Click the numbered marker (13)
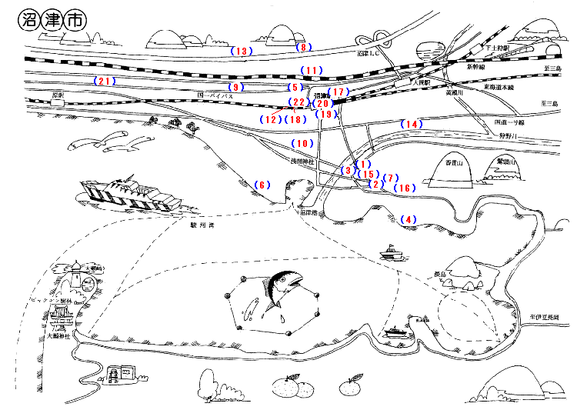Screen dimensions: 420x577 click(242, 52)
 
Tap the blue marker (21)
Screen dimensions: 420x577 click(104, 81)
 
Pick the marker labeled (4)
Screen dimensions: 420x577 click(408, 219)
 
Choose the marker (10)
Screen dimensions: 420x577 click(302, 144)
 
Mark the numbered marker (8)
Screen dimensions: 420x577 click(303, 47)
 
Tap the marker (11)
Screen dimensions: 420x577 click(310, 71)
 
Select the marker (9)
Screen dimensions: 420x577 click(235, 88)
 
